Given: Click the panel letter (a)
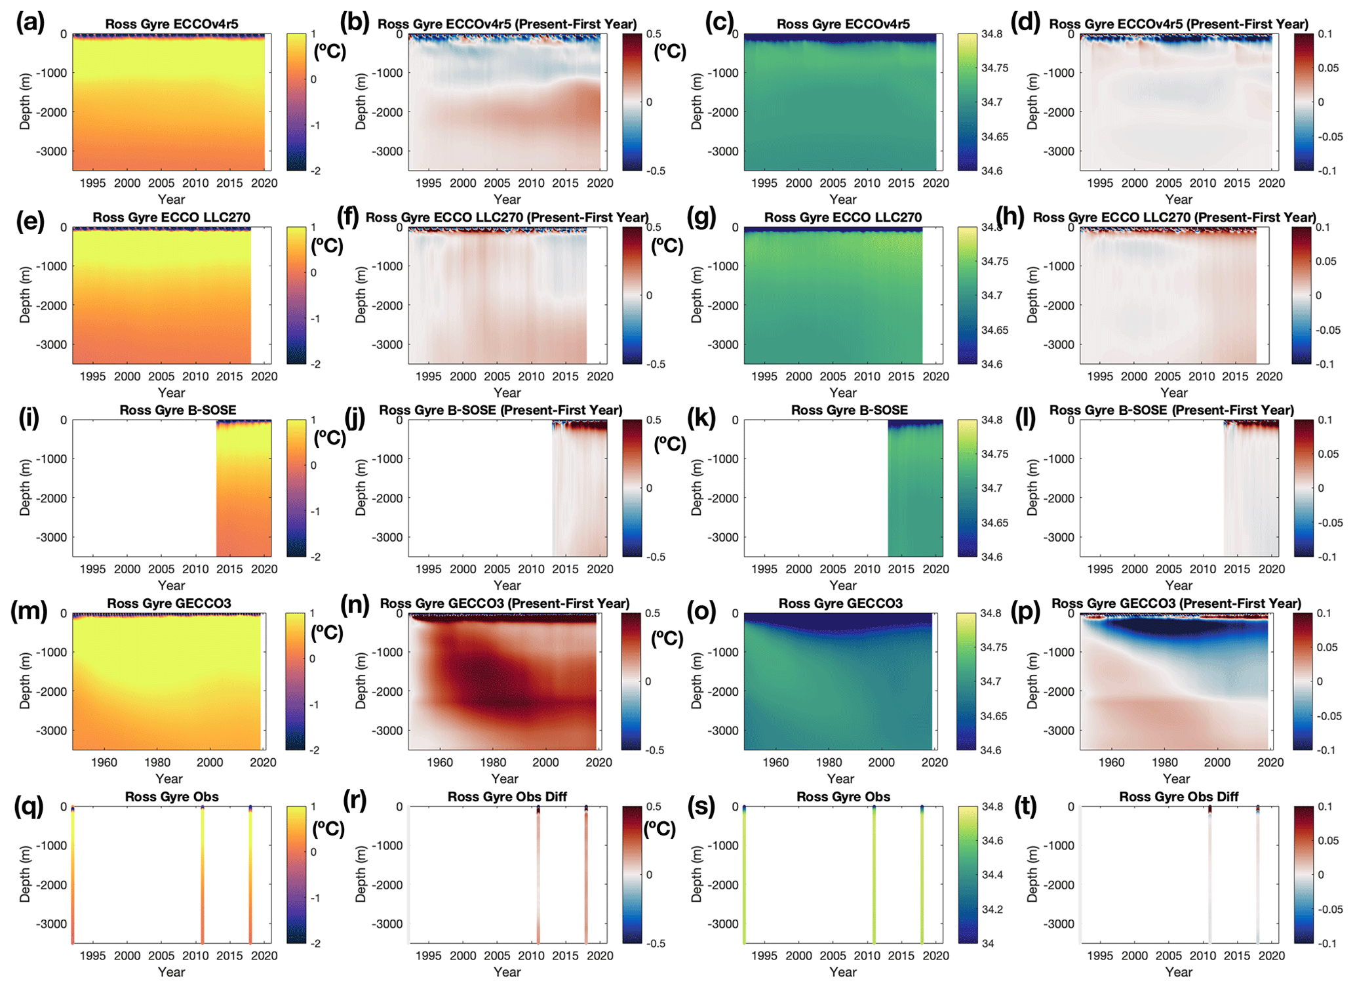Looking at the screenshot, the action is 30,24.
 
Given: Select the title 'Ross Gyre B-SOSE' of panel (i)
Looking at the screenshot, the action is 178,410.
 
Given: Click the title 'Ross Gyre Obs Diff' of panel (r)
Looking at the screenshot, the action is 507,796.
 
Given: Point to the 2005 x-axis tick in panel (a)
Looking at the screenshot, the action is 161,183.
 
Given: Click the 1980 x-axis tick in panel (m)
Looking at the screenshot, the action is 157,762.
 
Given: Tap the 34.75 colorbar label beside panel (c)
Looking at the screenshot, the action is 994,68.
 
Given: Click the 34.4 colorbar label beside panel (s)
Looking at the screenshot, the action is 992,875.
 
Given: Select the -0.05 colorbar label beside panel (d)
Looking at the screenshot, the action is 1331,137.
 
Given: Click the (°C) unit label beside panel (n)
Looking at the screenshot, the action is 667,637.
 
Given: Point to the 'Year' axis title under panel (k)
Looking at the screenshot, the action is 843,585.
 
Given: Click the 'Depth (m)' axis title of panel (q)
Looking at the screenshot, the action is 25,874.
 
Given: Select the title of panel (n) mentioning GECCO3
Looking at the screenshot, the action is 505,603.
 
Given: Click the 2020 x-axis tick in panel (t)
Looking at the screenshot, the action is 1272,956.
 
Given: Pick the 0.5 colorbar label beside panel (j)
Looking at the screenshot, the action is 653,420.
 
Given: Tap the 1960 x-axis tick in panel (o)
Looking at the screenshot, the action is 776,762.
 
